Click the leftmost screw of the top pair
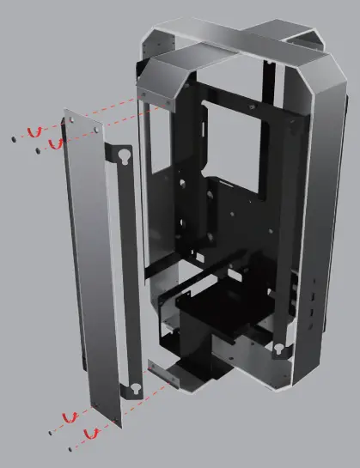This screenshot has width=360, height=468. click(14, 137)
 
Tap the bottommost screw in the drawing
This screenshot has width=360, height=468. click(68, 447)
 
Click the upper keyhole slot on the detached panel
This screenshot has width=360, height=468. click(125, 157)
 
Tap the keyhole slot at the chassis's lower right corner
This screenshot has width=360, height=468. click(278, 349)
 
